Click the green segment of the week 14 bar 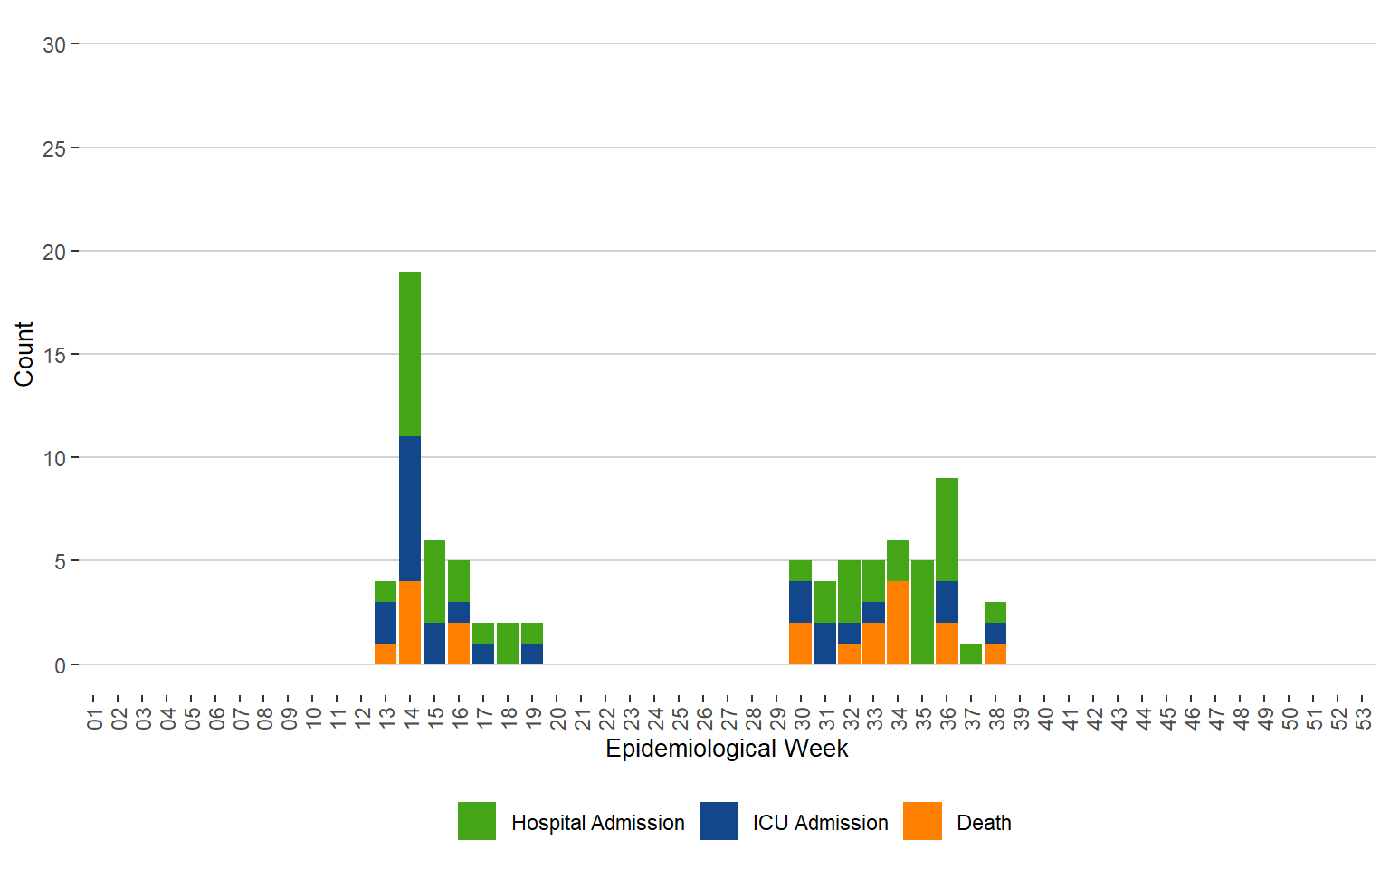410,354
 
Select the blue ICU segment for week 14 410,509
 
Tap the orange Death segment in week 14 410,623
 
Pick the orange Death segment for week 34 898,623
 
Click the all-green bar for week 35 922,613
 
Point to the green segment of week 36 947,530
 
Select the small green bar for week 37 971,654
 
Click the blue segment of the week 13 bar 386,623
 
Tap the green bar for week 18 508,644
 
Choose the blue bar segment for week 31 824,644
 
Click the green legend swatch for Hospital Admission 477,821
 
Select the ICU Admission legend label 820,823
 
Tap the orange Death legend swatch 922,821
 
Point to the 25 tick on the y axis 54,148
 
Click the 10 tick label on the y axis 54,458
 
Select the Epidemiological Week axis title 727,749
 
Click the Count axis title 24,354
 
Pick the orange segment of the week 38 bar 995,654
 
